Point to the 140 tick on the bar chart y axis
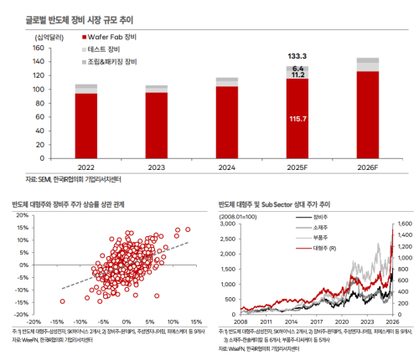point(37,49)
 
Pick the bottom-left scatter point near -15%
point(62,278)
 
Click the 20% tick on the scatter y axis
point(23,215)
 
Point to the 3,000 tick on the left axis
point(226,224)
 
